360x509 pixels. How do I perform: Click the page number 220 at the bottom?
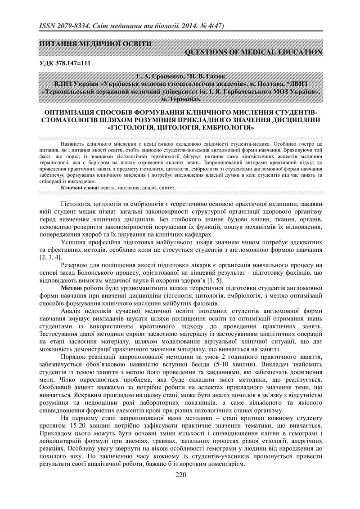tap(180, 476)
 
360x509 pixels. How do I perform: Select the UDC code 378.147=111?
tap(75, 63)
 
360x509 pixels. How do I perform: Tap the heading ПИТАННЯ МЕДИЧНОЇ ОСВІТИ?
tap(95, 44)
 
